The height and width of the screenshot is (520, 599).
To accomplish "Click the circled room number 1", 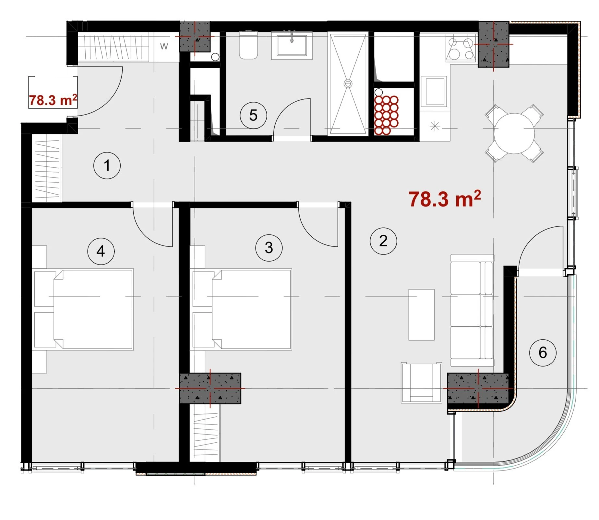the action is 107,165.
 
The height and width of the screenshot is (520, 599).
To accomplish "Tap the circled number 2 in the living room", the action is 383,241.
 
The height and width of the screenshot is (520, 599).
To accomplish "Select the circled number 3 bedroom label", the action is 269,248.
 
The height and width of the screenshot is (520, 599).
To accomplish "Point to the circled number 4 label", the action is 101,251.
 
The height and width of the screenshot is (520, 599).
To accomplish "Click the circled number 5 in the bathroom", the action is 253,115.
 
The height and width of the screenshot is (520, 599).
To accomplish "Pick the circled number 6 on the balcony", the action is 543,353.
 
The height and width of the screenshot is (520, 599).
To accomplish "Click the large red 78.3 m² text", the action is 445,199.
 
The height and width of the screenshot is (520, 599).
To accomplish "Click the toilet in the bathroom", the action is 248,45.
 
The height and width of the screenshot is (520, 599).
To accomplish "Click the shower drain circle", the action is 348,84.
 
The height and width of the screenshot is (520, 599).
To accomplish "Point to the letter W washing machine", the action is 164,46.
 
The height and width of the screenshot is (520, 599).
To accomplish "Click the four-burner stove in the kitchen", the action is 461,48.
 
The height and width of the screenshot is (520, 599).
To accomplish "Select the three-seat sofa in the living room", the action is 472,311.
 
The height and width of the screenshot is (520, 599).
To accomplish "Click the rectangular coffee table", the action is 421,315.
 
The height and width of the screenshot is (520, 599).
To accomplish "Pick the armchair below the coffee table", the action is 421,382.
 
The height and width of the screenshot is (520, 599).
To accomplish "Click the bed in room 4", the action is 83,309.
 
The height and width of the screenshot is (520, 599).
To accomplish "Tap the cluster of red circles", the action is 386,115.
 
